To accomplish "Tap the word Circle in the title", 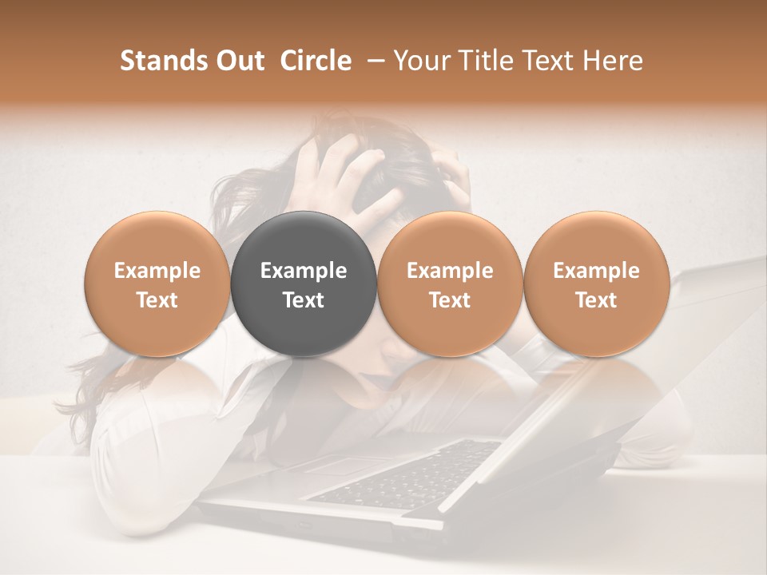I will tap(316, 61).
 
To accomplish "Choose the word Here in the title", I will tap(614, 61).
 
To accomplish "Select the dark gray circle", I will tap(304, 284).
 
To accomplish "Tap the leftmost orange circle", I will tap(157, 284).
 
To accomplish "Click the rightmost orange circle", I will tap(596, 284).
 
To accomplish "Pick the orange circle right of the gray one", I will tap(450, 284).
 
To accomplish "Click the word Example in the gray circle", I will tap(304, 271).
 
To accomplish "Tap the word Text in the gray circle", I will tap(304, 300).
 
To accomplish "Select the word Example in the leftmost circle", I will tap(157, 271).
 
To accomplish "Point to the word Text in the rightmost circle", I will tap(596, 300).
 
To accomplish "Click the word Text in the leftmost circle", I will tap(157, 300).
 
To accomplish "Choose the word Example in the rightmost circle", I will tap(596, 271).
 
